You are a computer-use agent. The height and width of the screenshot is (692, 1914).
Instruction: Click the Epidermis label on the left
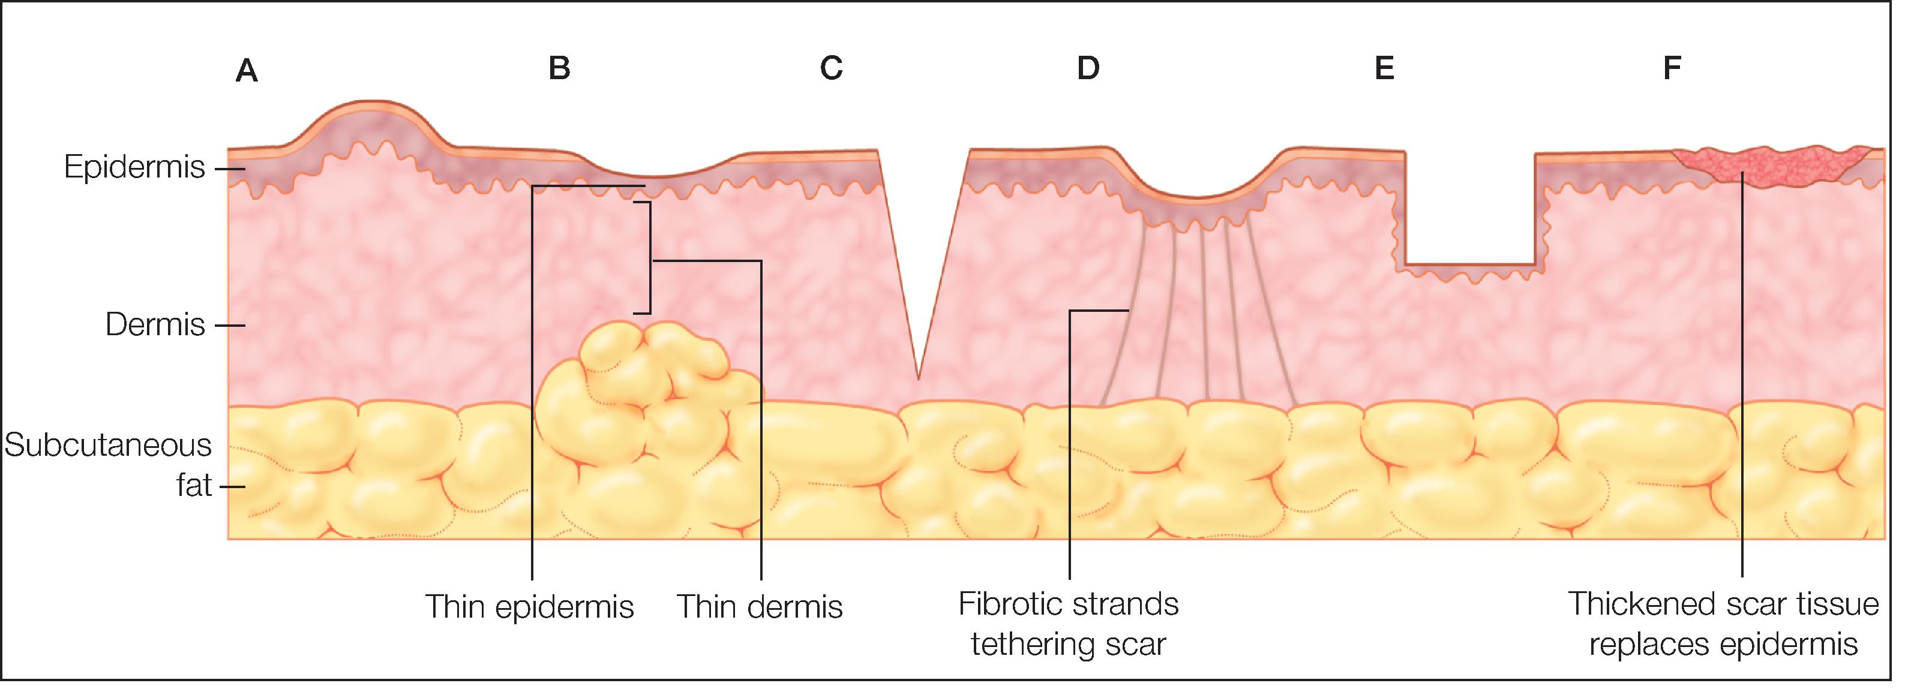click(x=134, y=168)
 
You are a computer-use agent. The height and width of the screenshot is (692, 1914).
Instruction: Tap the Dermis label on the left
click(x=155, y=325)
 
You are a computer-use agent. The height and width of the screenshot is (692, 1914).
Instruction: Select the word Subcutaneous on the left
click(x=109, y=446)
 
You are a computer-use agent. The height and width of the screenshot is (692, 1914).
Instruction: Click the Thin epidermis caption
click(x=529, y=607)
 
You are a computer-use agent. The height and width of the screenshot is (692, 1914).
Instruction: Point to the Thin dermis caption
click(x=760, y=607)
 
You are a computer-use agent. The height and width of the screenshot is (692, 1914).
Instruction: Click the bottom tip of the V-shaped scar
click(x=919, y=377)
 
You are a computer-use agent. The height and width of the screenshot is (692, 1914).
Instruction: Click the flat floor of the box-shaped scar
click(x=1469, y=264)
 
